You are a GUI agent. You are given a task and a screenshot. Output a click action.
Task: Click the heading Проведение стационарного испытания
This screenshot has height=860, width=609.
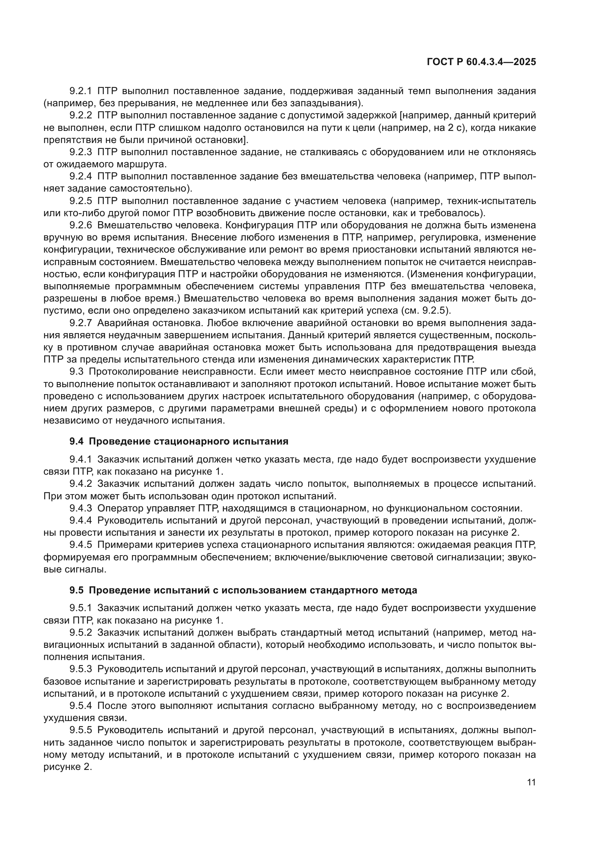(189, 441)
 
